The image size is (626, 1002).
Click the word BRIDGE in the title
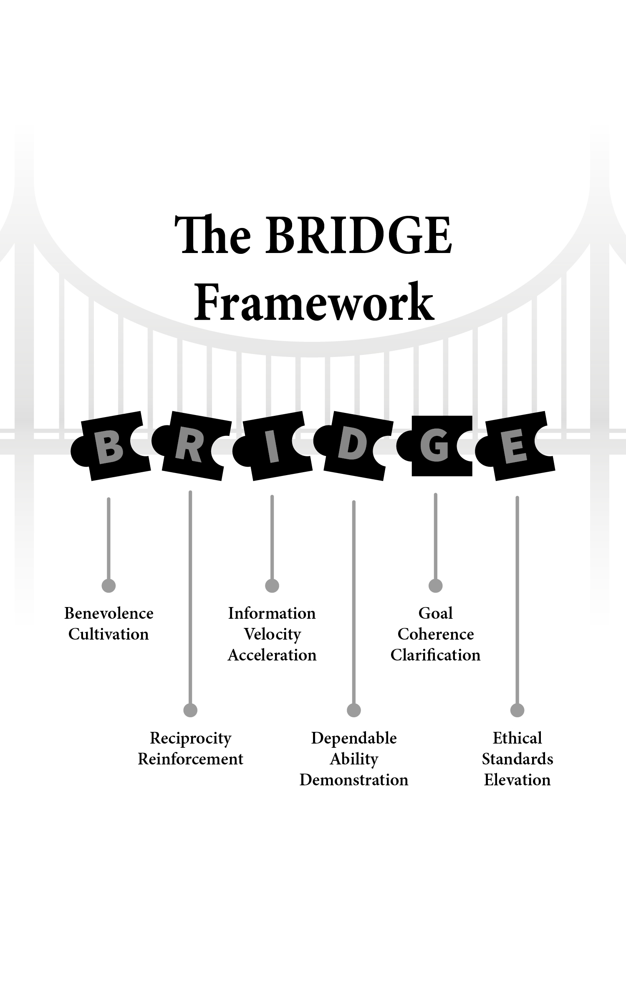point(358,235)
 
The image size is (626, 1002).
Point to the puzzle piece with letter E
point(516,446)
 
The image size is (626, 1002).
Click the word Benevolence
point(109,613)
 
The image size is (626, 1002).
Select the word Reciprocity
point(191,738)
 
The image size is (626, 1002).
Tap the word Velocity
point(272,634)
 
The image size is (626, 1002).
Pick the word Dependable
point(354,738)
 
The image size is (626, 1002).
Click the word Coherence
point(436,634)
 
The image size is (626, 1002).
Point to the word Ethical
point(517,738)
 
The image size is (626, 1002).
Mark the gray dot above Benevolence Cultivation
point(109,586)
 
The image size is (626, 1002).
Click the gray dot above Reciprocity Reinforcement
point(190,710)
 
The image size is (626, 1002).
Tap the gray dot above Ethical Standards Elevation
point(517,710)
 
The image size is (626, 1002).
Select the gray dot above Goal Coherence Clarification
point(436,586)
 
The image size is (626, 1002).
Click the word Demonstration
point(354,780)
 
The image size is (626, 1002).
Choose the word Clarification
point(436,655)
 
